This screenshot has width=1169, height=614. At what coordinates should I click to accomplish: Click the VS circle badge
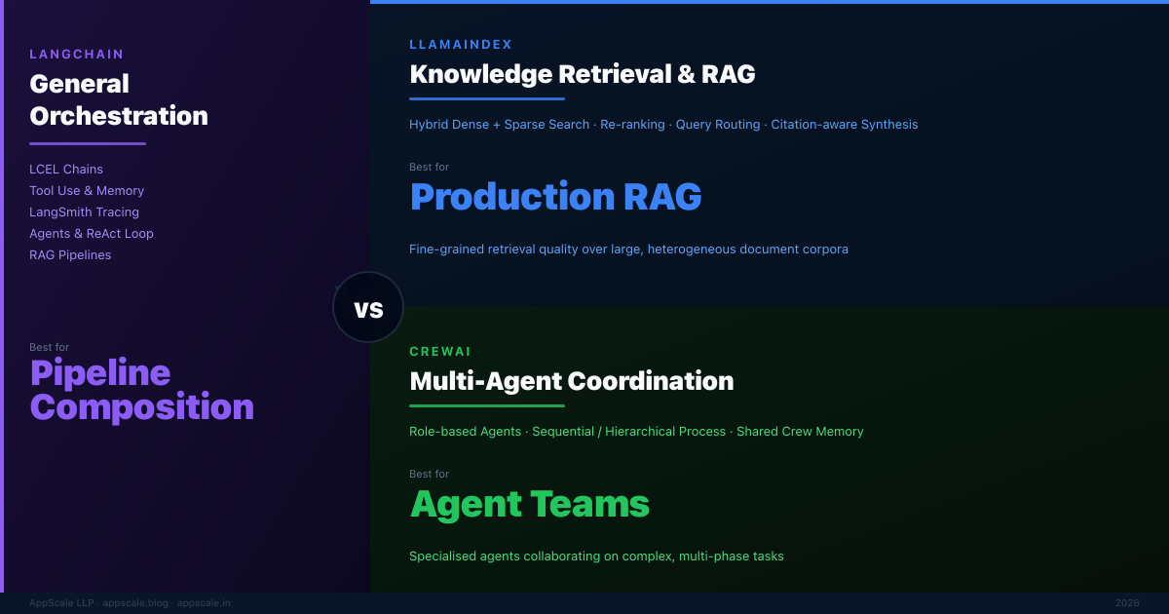click(368, 307)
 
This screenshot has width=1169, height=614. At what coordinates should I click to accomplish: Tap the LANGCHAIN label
click(77, 55)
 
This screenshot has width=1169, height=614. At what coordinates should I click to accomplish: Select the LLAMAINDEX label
click(461, 45)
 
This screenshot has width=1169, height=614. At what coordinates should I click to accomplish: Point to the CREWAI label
click(440, 352)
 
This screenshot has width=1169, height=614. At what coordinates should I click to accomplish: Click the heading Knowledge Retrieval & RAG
click(583, 74)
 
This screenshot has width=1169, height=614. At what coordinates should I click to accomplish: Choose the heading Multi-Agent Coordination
click(572, 381)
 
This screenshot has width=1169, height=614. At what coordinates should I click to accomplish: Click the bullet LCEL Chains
click(66, 170)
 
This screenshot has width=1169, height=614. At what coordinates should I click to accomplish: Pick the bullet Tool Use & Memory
click(87, 191)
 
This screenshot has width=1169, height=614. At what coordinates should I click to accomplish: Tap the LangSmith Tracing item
click(84, 212)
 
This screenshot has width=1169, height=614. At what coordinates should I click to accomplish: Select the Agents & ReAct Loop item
click(92, 233)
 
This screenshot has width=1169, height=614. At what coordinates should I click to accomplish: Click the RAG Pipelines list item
click(70, 254)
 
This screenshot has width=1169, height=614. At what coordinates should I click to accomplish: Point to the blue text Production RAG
click(556, 197)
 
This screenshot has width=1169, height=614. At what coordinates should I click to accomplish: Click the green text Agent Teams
click(530, 504)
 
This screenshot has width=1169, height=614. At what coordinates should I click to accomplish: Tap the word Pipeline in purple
click(100, 372)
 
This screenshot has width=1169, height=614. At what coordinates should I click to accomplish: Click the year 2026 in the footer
click(1127, 603)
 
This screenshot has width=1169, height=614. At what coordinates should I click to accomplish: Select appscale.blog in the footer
click(135, 603)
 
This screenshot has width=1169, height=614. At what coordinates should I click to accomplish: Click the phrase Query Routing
click(718, 125)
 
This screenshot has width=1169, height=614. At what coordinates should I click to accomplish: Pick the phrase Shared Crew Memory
click(800, 431)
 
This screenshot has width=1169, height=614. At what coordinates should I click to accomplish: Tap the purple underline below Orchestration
click(88, 143)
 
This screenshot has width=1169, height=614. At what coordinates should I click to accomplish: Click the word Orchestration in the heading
click(119, 116)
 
